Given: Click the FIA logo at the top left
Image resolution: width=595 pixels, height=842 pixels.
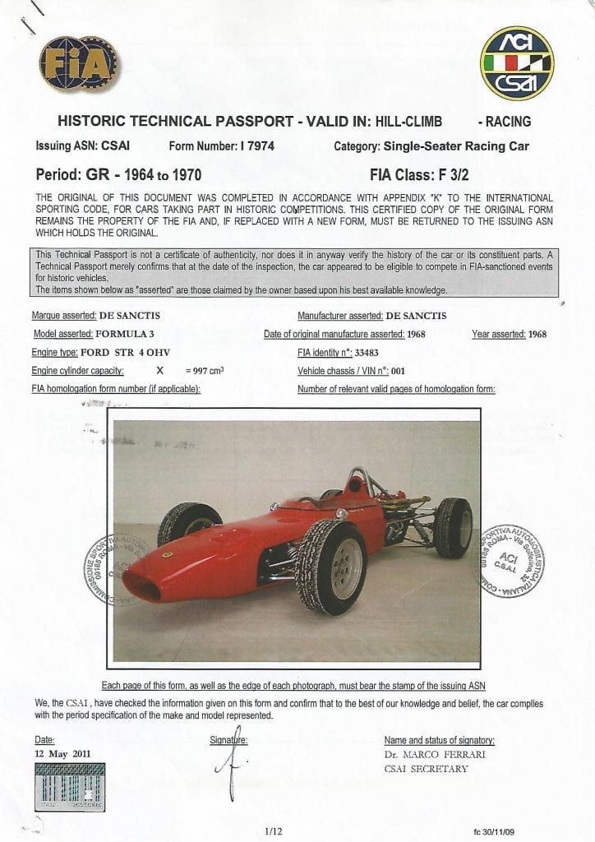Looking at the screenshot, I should pyautogui.click(x=78, y=64).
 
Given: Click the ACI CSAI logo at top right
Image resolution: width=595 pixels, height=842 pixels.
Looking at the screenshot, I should pyautogui.click(x=516, y=63).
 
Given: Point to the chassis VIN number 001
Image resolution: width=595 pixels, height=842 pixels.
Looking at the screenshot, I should pyautogui.click(x=399, y=371).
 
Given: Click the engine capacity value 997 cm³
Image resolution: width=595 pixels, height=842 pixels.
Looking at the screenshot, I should pyautogui.click(x=205, y=371).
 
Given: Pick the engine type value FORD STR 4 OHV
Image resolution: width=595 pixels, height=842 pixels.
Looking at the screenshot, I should pyautogui.click(x=127, y=352).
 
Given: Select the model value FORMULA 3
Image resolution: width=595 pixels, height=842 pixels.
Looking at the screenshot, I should pyautogui.click(x=125, y=334).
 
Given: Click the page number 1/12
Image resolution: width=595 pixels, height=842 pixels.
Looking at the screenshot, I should pyautogui.click(x=274, y=832).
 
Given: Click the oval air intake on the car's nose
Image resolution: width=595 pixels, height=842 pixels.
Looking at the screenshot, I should pyautogui.click(x=141, y=585).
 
